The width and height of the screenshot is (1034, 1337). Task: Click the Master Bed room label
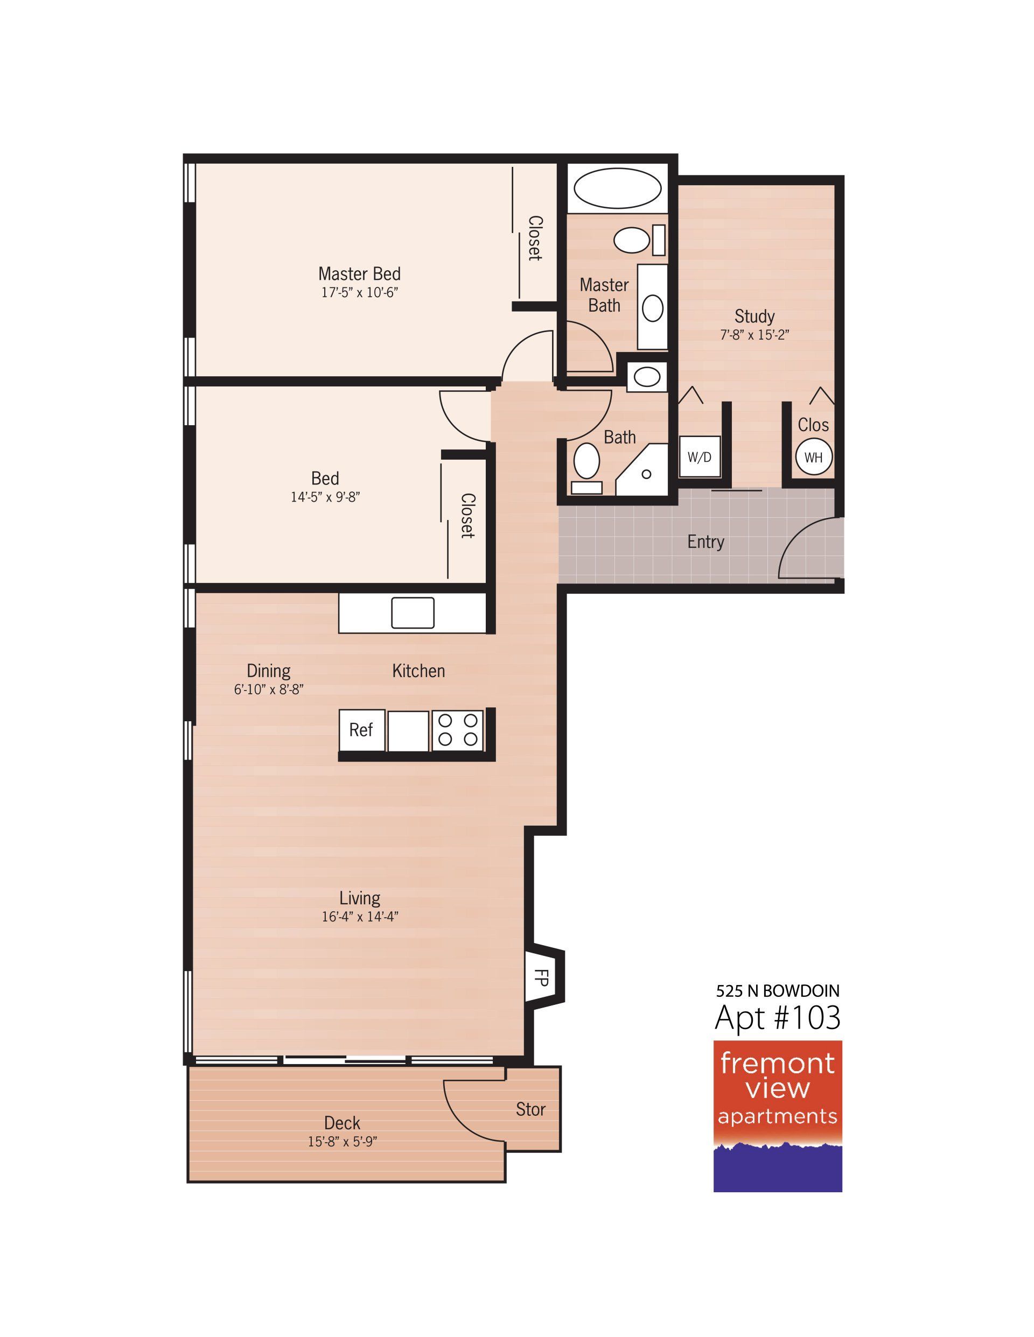point(360,273)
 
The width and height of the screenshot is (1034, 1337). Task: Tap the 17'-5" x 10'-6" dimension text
point(360,293)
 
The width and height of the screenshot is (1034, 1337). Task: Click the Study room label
point(754,316)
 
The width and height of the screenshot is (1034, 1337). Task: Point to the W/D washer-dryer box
point(700,456)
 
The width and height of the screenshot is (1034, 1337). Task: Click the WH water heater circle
point(814,456)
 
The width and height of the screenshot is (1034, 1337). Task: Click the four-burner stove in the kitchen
point(458,730)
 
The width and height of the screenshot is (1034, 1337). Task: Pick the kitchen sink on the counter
point(413,613)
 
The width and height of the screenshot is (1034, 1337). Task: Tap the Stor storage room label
point(530,1109)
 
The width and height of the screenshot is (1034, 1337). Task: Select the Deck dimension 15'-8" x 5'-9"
point(343,1142)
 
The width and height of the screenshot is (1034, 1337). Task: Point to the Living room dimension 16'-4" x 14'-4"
point(360,917)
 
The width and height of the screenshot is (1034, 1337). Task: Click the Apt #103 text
point(777,1018)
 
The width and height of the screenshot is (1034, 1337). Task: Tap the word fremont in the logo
point(777,1064)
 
